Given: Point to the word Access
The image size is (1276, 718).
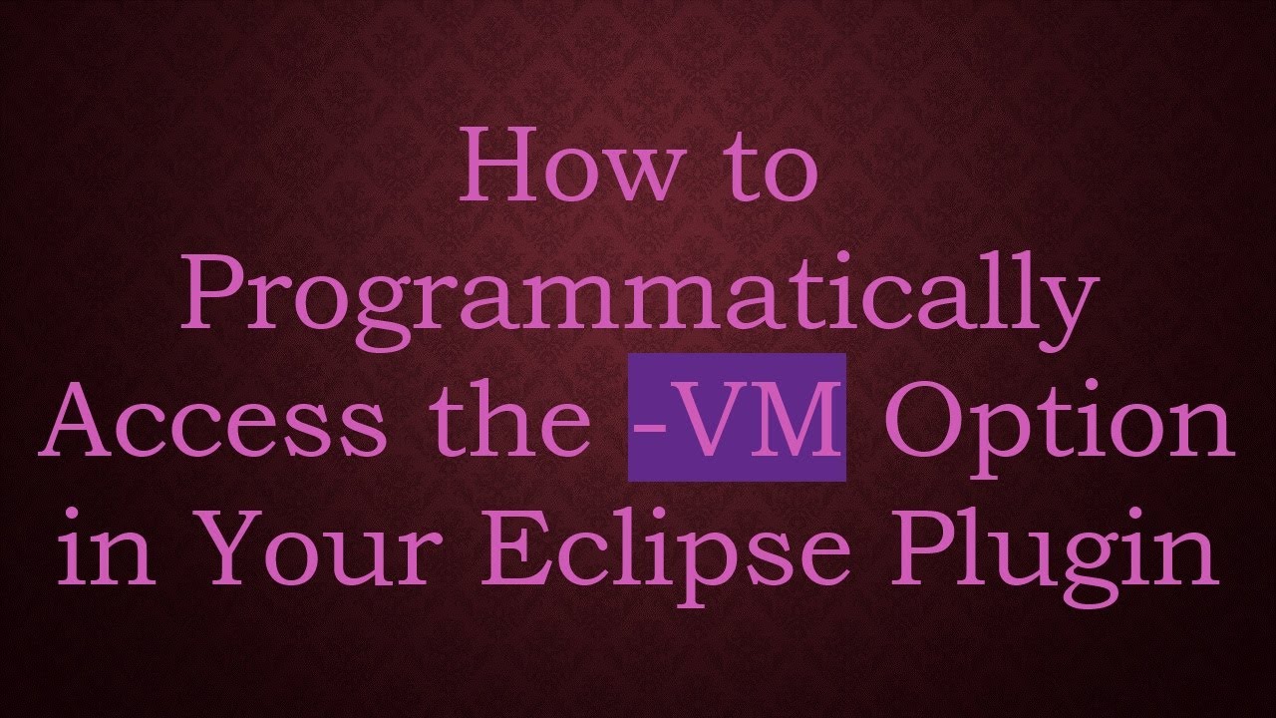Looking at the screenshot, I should pos(210,419).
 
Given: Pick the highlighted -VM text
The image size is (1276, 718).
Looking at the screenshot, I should pos(737,419).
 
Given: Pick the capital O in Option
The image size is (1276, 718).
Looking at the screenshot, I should pos(922,419).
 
